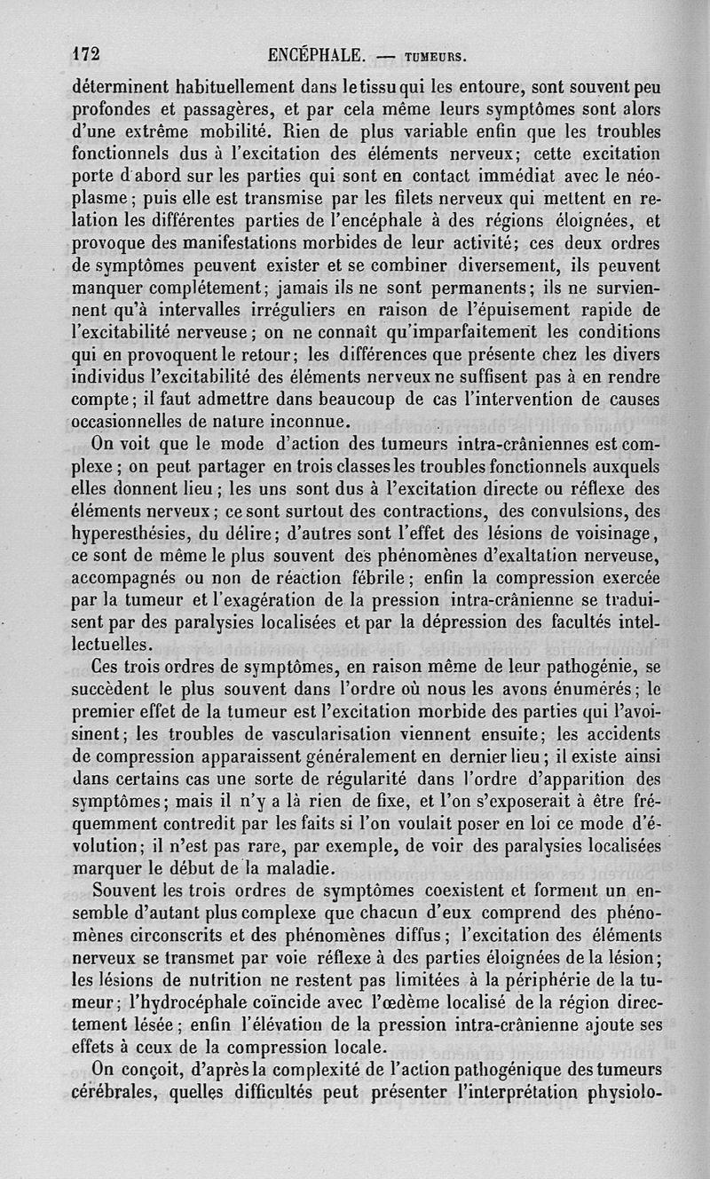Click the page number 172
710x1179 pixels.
[x=85, y=55]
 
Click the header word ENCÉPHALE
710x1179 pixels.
[x=316, y=56]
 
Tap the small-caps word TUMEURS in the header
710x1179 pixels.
[x=437, y=58]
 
